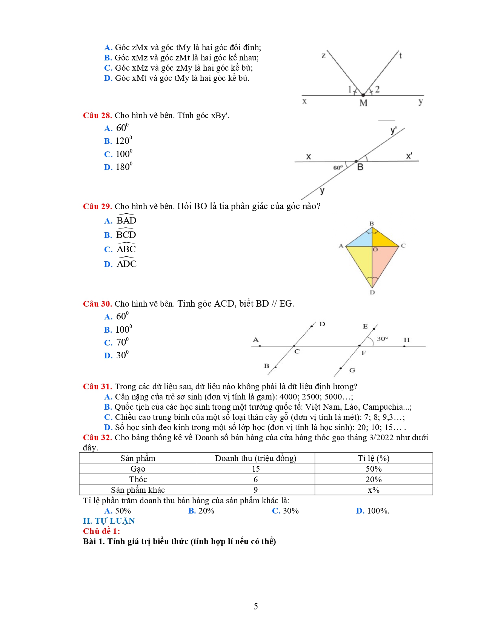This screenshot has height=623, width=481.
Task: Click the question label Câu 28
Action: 97,116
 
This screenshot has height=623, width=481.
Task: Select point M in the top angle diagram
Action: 363,96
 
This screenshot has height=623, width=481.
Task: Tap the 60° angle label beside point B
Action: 338,167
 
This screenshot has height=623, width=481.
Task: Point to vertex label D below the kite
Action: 372,292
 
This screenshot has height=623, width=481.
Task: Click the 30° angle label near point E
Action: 382,339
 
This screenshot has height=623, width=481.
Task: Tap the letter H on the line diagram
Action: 406,340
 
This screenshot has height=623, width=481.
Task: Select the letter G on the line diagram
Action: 352,370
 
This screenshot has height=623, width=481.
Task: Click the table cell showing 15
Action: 256,469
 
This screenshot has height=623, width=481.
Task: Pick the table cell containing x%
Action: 373,490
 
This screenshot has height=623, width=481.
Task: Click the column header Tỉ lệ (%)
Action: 373,458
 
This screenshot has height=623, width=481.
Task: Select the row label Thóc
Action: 138,479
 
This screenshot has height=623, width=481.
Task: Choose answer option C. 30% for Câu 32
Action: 285,511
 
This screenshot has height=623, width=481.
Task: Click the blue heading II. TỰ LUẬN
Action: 109,521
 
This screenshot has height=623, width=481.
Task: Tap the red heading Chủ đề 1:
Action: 101,531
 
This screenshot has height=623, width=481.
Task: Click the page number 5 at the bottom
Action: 256,606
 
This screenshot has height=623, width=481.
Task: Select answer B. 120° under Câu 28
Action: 118,141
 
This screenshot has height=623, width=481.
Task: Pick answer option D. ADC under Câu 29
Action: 120,264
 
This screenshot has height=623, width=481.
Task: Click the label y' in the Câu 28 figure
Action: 393,131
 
